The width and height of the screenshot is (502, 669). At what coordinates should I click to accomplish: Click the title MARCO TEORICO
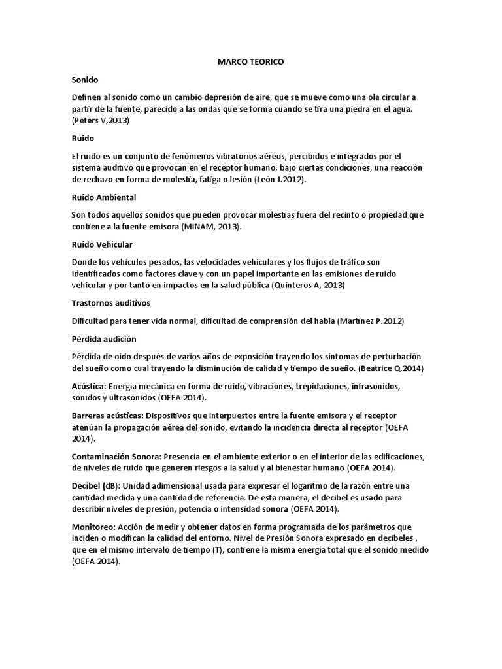[251, 62]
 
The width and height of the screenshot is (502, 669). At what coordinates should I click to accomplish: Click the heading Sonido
[84, 80]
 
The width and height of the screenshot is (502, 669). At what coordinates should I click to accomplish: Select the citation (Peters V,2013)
[101, 121]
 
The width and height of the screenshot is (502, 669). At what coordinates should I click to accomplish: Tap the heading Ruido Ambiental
[103, 197]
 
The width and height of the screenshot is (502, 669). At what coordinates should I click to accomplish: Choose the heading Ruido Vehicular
[102, 244]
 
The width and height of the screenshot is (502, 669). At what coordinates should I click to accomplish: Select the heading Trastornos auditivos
[111, 303]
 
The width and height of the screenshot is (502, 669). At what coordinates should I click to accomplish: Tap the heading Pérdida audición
[104, 338]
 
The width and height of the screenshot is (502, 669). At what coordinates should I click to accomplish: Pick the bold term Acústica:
[89, 386]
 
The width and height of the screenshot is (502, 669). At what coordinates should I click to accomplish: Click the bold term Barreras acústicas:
[107, 416]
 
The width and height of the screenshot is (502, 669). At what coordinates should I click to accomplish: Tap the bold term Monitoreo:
[94, 527]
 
